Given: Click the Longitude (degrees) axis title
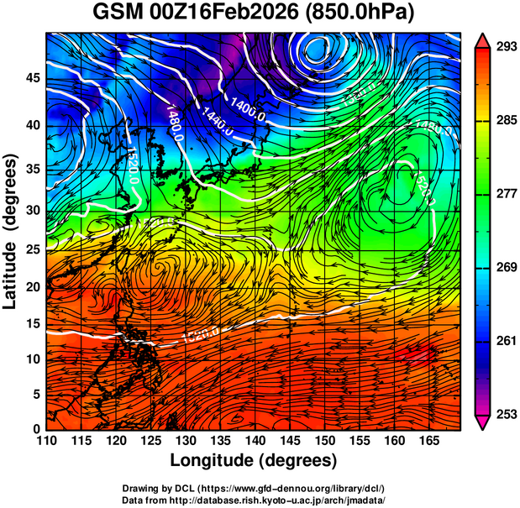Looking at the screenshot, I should tap(254, 460).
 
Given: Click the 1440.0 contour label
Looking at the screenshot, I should tap(217, 117).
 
